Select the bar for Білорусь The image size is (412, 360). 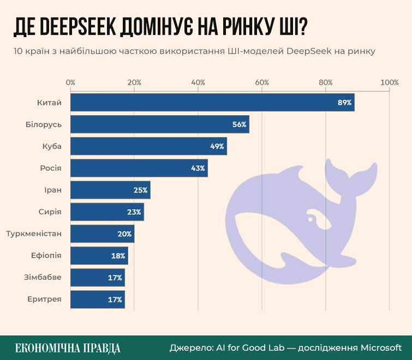[x=159, y=124]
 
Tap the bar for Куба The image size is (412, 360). [x=148, y=146]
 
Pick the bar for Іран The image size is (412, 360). [x=110, y=190]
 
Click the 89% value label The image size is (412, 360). [x=344, y=103]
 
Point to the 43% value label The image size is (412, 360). [x=198, y=168]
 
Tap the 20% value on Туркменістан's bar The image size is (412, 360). [x=124, y=233]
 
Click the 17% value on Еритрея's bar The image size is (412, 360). [x=115, y=299]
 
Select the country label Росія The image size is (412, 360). [x=51, y=168]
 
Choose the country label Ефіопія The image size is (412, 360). [x=46, y=255]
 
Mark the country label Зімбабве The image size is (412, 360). [x=44, y=277]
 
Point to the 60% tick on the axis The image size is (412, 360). [x=262, y=82]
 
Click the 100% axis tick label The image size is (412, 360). [x=390, y=82]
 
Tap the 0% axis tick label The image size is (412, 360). [x=70, y=82]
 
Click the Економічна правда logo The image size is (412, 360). [x=68, y=348]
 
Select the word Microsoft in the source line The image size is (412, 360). [x=380, y=347]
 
